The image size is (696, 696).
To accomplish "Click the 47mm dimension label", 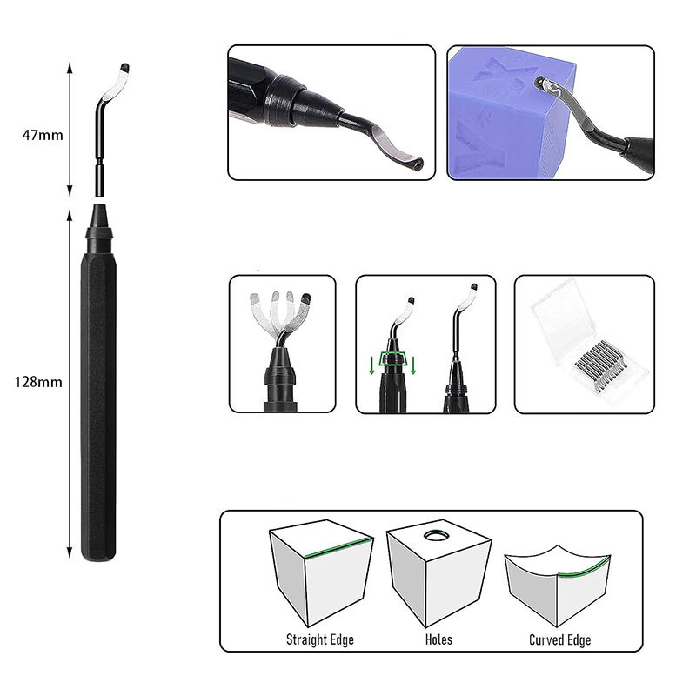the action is pos(43,135).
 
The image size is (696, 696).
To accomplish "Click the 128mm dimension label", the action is pos(38,382).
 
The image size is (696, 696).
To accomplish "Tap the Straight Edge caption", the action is pos(320,639).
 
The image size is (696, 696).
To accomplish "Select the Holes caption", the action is pos(438,639).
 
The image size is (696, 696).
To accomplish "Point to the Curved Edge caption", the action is pos(559,639).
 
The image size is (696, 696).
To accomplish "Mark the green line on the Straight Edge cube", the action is pos(338,547).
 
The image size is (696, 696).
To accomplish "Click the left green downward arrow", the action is pos(372,365).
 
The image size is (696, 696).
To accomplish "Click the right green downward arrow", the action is pos(413,365).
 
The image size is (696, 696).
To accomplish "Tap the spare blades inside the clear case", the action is pos(600,365).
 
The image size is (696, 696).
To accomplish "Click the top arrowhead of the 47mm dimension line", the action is pos(70,68).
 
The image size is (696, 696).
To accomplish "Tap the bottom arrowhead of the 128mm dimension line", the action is pos(70,553).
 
